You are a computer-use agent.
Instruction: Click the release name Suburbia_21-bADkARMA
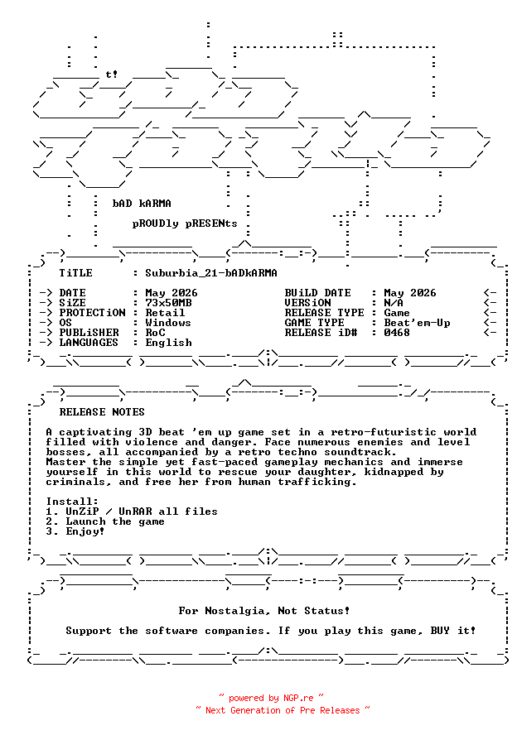pyautogui.click(x=211, y=273)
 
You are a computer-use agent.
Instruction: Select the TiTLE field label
pyautogui.click(x=75, y=273)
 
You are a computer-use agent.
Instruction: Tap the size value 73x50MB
pyautogui.click(x=168, y=303)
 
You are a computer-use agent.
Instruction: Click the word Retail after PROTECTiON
pyautogui.click(x=165, y=313)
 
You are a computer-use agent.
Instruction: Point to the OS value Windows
pyautogui.click(x=168, y=323)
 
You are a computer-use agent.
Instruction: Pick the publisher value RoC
pyautogui.click(x=155, y=333)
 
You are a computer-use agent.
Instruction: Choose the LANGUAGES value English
pyautogui.click(x=168, y=343)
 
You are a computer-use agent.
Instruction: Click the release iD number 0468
pyautogui.click(x=397, y=333)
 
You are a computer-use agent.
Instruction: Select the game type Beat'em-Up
pyautogui.click(x=417, y=323)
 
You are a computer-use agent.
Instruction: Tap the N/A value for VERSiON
pyautogui.click(x=394, y=303)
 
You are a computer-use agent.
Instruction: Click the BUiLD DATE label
pyautogui.click(x=317, y=293)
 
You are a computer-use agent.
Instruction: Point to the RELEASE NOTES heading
pyautogui.click(x=102, y=412)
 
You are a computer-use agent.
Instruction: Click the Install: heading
pyautogui.click(x=72, y=502)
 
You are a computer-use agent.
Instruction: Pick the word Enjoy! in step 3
pyautogui.click(x=85, y=531)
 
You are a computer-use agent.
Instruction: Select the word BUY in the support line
pyautogui.click(x=440, y=631)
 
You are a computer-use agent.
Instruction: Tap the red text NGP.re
pyautogui.click(x=298, y=698)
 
